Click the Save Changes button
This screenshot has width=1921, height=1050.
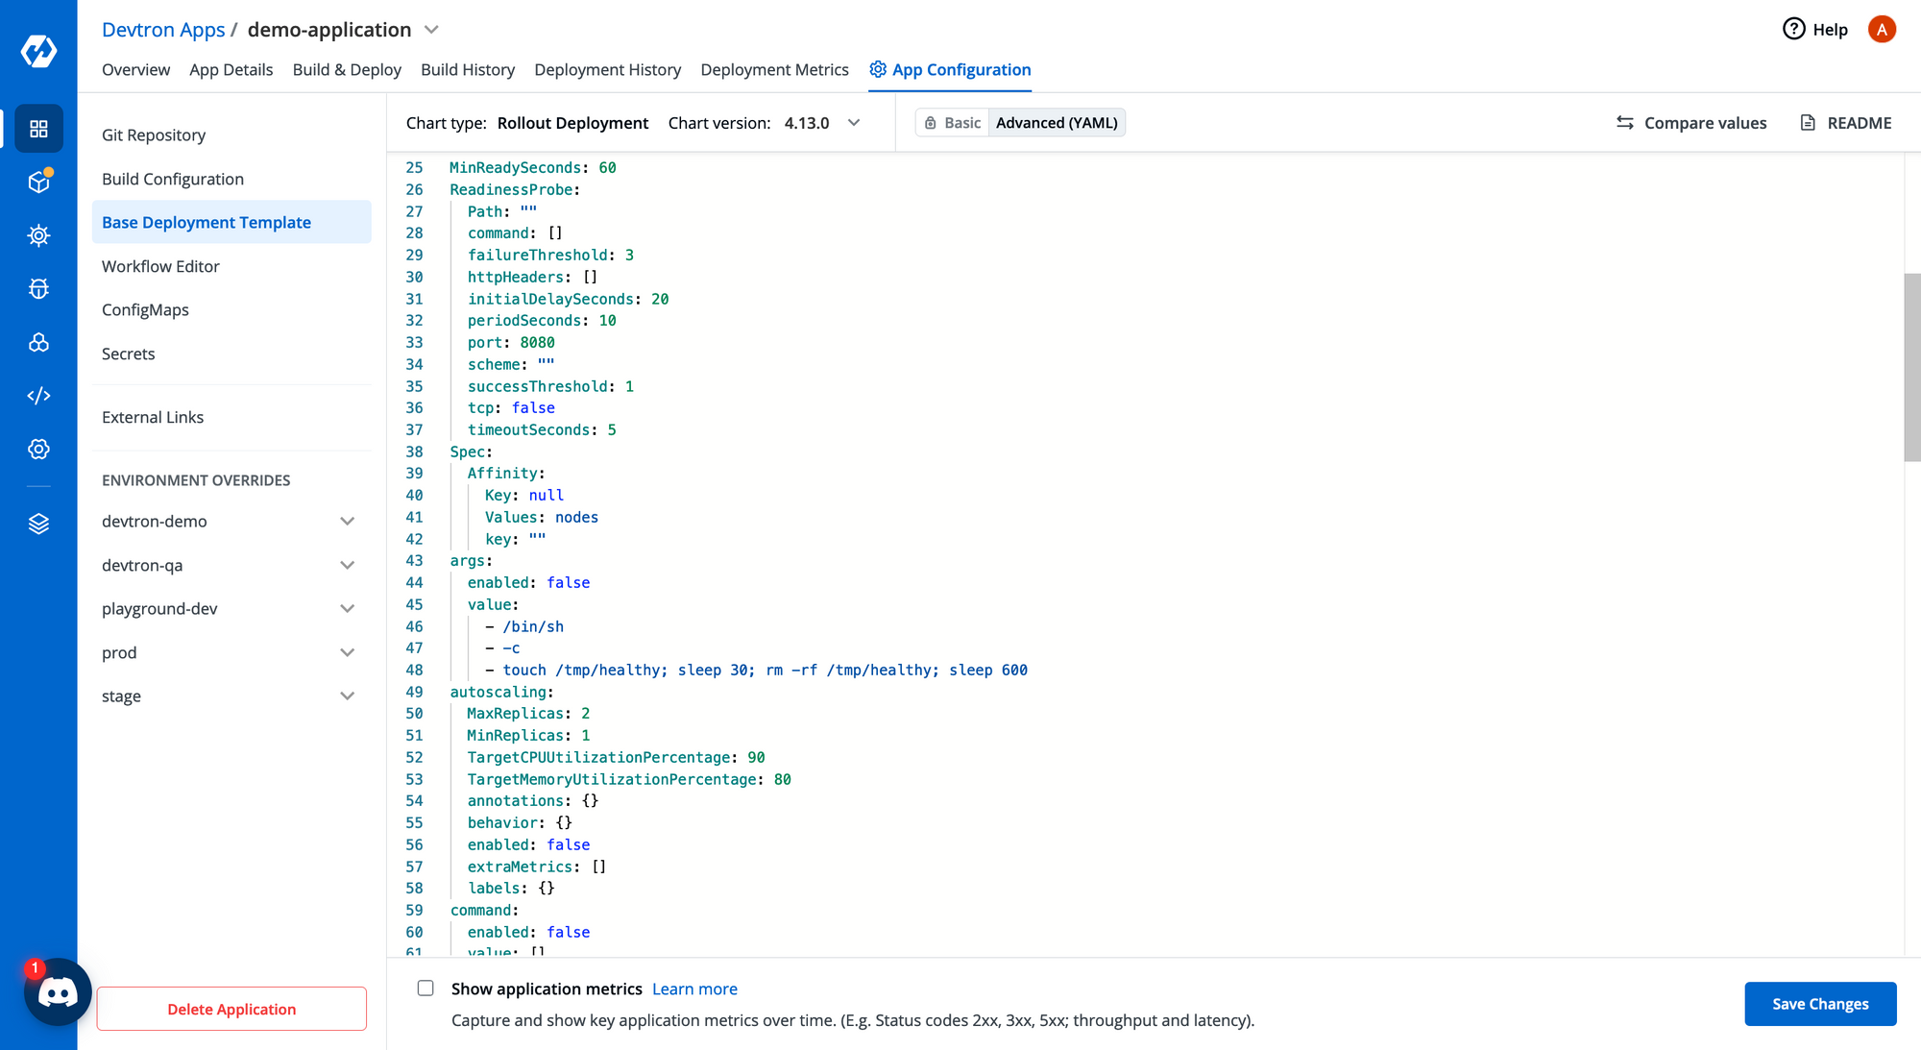pos(1820,1004)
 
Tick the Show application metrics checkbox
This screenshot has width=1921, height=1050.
pos(426,989)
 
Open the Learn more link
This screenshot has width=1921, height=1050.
pos(694,989)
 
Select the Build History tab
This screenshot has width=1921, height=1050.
pos(468,69)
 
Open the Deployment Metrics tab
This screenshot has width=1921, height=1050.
pos(774,69)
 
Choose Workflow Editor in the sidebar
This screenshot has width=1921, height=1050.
pos(160,266)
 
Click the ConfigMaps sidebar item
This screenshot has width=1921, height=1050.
pos(145,309)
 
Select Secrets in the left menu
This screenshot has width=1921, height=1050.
pos(128,354)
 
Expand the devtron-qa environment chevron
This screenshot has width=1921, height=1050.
pos(348,565)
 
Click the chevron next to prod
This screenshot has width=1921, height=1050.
pos(348,652)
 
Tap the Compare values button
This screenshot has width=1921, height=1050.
pos(1691,123)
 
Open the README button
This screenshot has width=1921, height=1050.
pos(1846,123)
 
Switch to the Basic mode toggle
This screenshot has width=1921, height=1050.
pos(953,123)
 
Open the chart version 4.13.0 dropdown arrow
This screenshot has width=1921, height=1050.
pos(854,123)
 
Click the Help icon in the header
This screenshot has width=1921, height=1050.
pos(1793,29)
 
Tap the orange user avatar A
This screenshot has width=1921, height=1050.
pos(1882,29)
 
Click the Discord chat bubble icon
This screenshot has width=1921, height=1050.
pos(58,992)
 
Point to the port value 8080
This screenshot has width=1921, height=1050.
pos(537,342)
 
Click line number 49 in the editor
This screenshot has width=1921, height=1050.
pos(414,692)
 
